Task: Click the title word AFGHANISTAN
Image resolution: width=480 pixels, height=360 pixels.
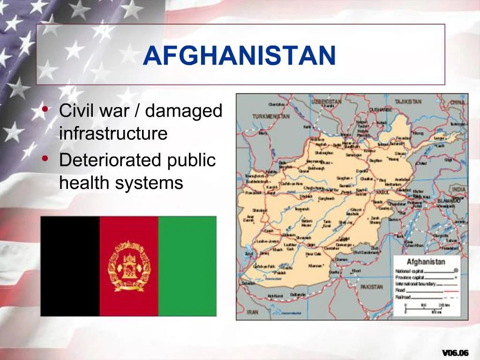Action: pyautogui.click(x=240, y=56)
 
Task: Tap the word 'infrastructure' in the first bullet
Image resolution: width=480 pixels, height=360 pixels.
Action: pyautogui.click(x=113, y=134)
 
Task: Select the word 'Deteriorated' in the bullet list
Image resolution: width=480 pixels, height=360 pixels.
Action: pyautogui.click(x=109, y=160)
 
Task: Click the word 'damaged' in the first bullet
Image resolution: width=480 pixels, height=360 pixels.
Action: pyautogui.click(x=184, y=111)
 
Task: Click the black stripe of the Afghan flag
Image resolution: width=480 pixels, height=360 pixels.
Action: pyautogui.click(x=70, y=266)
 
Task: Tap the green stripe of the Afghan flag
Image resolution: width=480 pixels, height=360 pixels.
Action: pyautogui.click(x=187, y=266)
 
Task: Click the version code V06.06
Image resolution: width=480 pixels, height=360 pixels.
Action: pyautogui.click(x=455, y=352)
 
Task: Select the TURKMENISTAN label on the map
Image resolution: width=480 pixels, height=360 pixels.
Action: pyautogui.click(x=270, y=116)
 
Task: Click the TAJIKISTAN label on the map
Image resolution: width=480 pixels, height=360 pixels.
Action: pyautogui.click(x=408, y=101)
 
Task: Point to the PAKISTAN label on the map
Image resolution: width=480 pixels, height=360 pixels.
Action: pyautogui.click(x=372, y=287)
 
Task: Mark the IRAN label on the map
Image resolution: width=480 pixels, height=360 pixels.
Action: pyautogui.click(x=253, y=312)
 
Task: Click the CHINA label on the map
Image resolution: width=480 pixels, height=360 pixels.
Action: pyautogui.click(x=457, y=102)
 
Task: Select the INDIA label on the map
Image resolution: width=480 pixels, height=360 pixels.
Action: pyautogui.click(x=459, y=188)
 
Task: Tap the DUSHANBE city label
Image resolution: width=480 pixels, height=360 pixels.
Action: pyautogui.click(x=380, y=109)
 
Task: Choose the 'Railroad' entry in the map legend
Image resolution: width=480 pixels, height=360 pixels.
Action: pyautogui.click(x=403, y=297)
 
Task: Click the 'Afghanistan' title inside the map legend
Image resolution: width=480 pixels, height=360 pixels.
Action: pyautogui.click(x=426, y=262)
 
